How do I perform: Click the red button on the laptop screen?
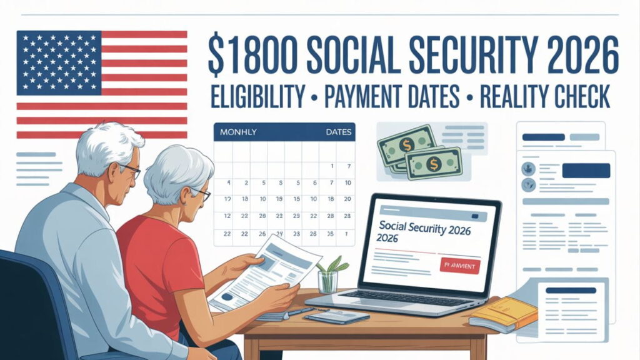point(459,266)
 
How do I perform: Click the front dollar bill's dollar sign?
point(434,164)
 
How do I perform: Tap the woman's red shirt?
point(159,269)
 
